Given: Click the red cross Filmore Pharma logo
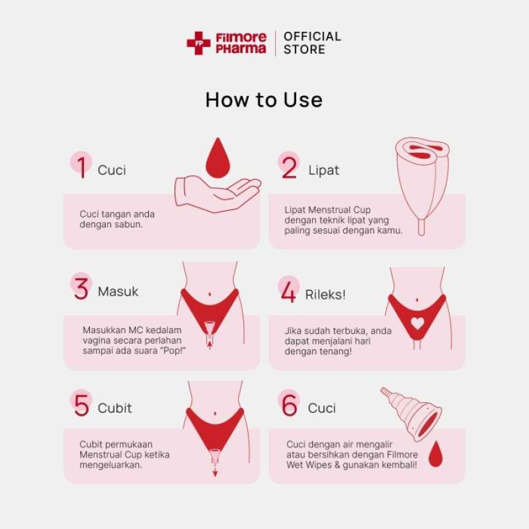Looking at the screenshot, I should coord(198,43).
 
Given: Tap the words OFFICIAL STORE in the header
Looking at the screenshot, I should coord(312,43).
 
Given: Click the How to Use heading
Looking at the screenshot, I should coord(264,99).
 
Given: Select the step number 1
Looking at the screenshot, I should coord(81,168).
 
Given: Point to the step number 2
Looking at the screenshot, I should coord(290,168).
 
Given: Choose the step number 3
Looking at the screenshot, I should coord(81,289).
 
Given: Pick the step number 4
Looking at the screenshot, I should coord(289,292).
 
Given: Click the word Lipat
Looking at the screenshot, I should coord(323,170).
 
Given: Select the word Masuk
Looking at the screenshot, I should coord(118,292).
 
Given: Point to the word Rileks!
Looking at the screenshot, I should coord(325,294).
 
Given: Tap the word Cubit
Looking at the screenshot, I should coord(114,408).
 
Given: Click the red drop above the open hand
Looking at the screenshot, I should coord(216,159).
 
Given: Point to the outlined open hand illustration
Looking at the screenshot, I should coord(217,194).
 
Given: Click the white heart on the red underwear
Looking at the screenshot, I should coord(417,323).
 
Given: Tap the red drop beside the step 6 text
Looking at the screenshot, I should coord(435,454).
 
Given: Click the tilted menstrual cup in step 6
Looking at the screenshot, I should coord(415,413).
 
